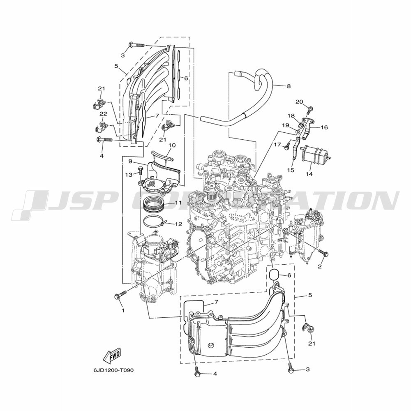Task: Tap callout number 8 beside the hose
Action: tap(289, 86)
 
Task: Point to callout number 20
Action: tap(299, 102)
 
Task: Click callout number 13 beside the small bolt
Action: tap(129, 175)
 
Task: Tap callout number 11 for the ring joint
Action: tap(178, 203)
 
